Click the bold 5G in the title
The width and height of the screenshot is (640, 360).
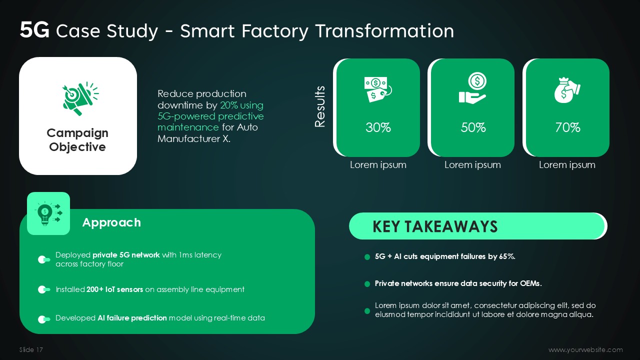[34, 30]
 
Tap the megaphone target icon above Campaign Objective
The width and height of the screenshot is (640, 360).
[80, 98]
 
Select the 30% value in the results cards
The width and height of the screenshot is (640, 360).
[378, 127]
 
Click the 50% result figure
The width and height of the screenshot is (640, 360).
[473, 127]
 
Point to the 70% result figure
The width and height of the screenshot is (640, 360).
[567, 127]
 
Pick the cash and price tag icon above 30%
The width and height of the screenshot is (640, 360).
[378, 89]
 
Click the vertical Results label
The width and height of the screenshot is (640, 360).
[319, 106]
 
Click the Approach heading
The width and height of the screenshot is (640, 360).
[111, 222]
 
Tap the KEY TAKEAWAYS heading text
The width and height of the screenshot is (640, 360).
[435, 226]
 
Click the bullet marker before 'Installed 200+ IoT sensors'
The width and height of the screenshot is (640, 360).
[43, 289]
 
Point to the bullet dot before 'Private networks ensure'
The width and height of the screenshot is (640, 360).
[367, 284]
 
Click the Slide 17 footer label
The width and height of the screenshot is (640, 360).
[31, 349]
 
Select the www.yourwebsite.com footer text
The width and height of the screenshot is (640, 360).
[585, 349]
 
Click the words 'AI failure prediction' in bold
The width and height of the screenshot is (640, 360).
[132, 318]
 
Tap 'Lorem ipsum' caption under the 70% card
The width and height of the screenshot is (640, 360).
[567, 165]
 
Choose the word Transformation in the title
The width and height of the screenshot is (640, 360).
[385, 30]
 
